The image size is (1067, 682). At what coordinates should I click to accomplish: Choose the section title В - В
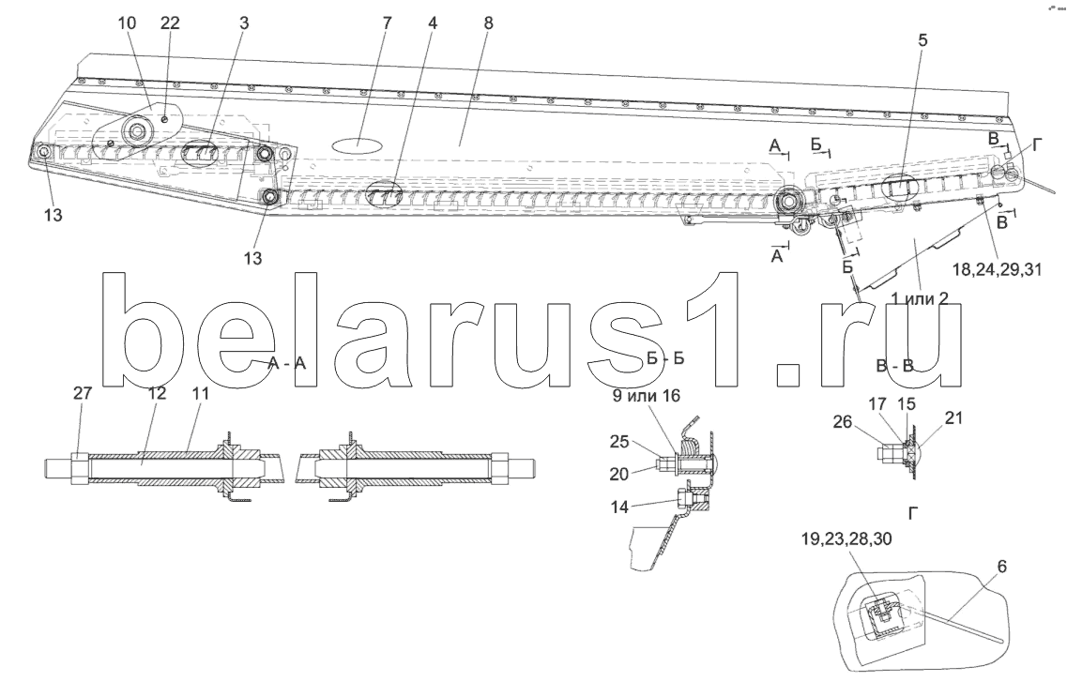(894, 367)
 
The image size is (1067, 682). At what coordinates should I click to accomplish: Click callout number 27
(83, 395)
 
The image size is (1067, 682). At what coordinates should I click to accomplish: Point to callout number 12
(156, 395)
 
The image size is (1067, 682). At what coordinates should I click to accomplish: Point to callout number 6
(1001, 567)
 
